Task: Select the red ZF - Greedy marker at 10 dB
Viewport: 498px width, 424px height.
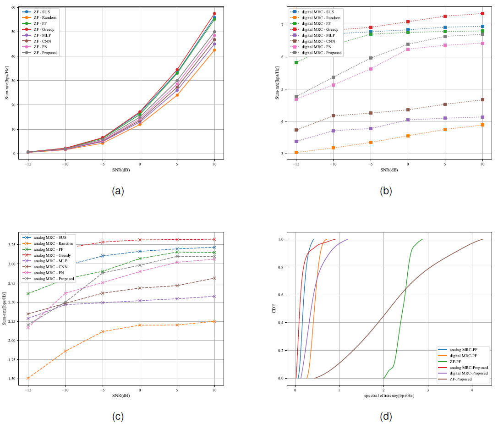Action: click(214, 14)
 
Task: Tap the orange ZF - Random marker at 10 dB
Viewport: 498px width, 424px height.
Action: click(214, 50)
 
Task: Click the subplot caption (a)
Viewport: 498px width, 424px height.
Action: click(118, 191)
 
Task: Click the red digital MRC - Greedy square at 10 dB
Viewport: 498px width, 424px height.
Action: click(482, 14)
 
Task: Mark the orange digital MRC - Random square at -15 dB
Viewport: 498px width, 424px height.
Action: click(296, 152)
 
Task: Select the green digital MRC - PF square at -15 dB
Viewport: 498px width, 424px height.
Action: click(296, 62)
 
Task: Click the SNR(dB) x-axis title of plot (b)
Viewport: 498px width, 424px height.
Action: click(389, 170)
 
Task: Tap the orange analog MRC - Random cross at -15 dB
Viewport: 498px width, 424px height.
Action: click(28, 378)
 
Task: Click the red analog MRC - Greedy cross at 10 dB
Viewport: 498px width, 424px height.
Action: click(214, 239)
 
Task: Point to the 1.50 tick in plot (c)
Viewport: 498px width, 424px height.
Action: click(12, 379)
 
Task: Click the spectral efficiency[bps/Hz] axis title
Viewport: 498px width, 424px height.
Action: click(389, 395)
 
